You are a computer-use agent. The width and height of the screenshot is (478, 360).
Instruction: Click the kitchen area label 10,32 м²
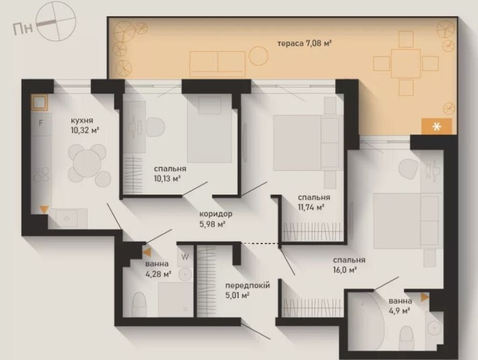[x=85, y=131]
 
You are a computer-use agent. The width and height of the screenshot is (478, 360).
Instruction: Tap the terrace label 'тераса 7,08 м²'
[x=304, y=43]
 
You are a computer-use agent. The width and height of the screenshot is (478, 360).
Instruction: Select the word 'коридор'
[x=216, y=214]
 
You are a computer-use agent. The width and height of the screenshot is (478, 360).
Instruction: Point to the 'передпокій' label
[x=248, y=286]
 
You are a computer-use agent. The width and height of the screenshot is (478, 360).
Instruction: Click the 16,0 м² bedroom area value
[x=345, y=270]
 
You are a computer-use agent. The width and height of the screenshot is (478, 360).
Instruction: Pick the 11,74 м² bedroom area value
[x=311, y=207]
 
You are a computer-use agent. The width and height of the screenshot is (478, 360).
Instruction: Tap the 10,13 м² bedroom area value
[x=167, y=178]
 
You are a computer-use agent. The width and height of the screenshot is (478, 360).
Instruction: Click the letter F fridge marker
[x=40, y=123]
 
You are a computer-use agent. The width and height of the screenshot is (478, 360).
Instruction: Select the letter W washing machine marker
[x=185, y=257]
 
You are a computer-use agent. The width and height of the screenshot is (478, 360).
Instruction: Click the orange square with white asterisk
[x=436, y=127]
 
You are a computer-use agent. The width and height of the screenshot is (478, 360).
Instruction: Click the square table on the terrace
[x=406, y=63]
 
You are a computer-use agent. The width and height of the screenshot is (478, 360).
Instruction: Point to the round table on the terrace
[x=259, y=56]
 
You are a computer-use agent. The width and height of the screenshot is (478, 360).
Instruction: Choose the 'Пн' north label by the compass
[x=23, y=29]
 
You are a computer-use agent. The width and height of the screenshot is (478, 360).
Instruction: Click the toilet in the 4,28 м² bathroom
[x=139, y=305]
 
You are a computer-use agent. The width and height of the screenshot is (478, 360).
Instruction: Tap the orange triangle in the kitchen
[x=44, y=209]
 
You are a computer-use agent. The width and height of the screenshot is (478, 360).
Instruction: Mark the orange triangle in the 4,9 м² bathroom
[x=425, y=297]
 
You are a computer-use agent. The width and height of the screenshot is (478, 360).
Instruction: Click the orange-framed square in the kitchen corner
[x=39, y=102]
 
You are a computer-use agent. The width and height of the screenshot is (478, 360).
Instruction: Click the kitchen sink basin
[x=67, y=218]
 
